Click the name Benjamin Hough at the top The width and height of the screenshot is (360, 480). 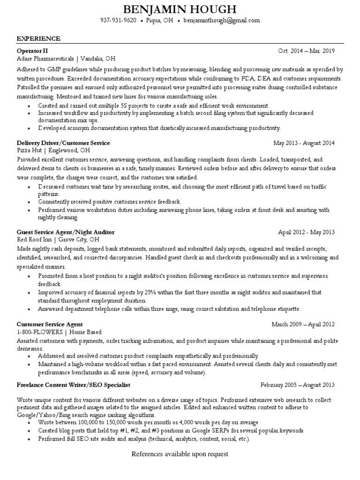point(180,9)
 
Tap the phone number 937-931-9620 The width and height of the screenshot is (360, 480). point(119,21)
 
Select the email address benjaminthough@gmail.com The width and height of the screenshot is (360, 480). point(221,21)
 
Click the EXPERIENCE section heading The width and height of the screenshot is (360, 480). point(38,38)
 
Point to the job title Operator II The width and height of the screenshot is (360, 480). point(32,51)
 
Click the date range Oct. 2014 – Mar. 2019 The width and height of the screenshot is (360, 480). point(307,51)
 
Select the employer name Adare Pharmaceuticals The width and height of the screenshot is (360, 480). point(45,59)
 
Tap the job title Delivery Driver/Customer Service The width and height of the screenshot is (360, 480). point(63,142)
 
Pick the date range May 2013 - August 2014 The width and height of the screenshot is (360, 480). point(304,142)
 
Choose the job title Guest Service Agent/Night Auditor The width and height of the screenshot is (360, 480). point(65,232)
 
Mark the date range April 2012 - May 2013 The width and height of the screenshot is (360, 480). point(307,232)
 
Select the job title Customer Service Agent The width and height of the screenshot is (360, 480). point(50,324)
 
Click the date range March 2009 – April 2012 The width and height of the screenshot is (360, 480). point(303,324)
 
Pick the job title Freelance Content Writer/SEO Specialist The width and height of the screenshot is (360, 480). point(73,385)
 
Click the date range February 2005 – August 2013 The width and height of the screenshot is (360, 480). point(298,385)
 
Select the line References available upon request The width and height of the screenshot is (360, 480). point(180,454)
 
